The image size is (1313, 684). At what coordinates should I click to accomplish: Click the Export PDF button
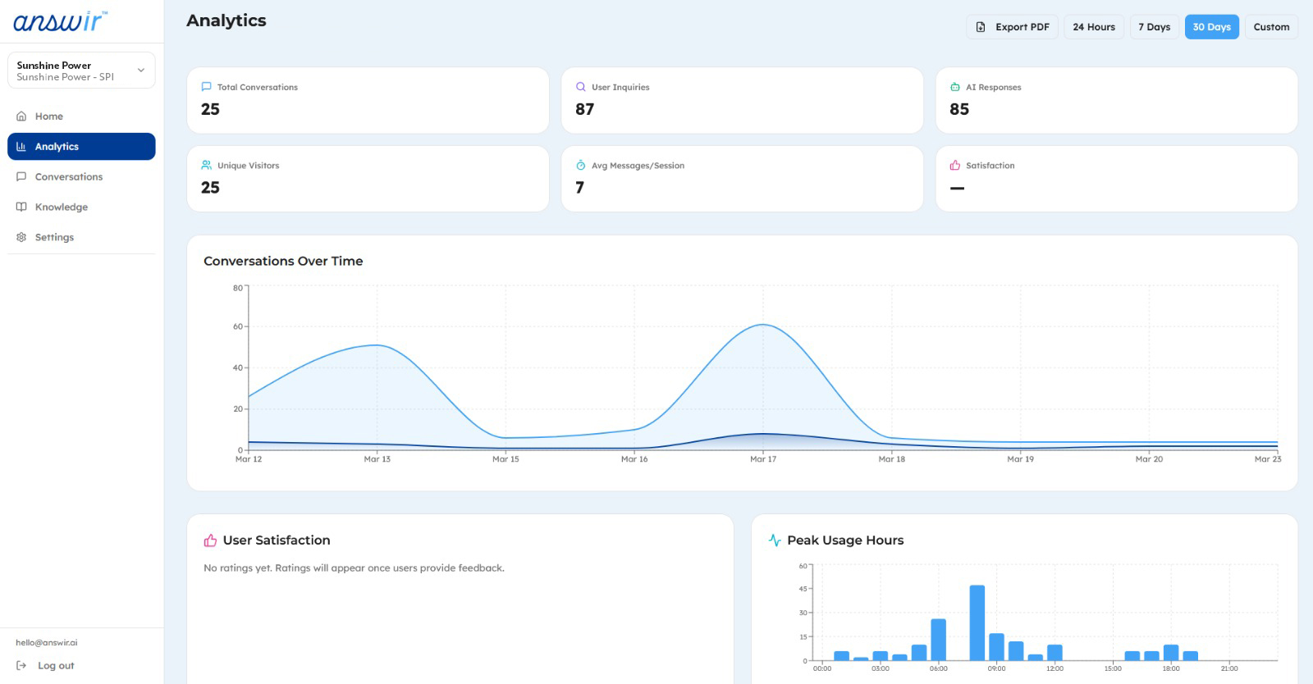tap(1013, 27)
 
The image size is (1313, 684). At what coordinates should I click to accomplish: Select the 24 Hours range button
tap(1094, 27)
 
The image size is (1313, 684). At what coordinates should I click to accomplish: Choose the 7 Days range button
tap(1154, 27)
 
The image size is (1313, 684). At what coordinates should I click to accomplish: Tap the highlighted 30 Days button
tap(1211, 27)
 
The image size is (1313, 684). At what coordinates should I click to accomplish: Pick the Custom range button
tap(1271, 27)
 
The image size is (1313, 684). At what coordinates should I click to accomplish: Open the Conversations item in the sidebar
tap(69, 177)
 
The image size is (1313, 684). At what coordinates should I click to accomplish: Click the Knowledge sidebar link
tap(62, 207)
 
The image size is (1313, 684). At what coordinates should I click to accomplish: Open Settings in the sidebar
tap(54, 238)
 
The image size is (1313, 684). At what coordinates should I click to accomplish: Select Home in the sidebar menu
tap(49, 116)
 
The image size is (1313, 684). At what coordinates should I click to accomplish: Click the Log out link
tap(56, 666)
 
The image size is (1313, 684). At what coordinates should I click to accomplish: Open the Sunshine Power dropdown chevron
tap(141, 71)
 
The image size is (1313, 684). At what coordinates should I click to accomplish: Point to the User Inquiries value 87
tap(584, 109)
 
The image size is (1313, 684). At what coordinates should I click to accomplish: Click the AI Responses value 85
tap(959, 109)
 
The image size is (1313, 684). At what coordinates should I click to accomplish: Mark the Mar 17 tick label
tap(763, 459)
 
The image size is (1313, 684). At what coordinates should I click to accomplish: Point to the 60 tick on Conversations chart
tap(238, 326)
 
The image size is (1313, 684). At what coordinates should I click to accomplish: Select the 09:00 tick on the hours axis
tap(996, 668)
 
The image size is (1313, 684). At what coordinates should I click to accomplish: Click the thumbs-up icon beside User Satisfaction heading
tap(210, 540)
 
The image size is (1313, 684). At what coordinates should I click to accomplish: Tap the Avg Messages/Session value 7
tap(579, 188)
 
